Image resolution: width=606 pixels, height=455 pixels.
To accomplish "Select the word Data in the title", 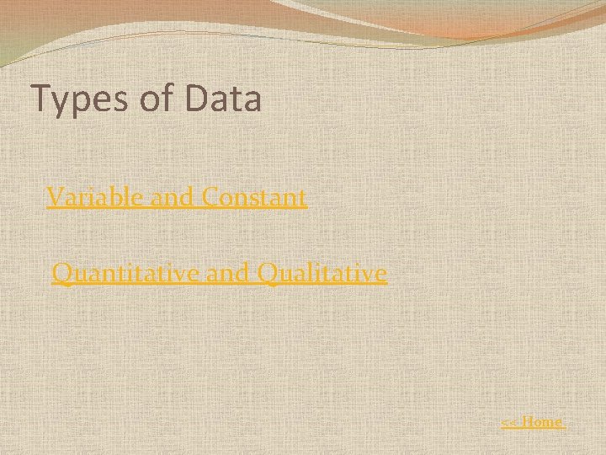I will pos(223,99).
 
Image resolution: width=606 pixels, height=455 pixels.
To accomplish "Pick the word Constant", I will pos(254,197).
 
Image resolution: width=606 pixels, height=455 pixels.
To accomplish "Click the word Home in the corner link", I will pos(543,421).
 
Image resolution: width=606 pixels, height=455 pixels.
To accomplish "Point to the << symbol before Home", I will pos(509,422).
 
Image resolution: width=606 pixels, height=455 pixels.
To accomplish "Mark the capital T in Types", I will pos(40,99).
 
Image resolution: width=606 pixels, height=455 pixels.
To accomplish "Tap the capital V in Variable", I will pos(55,197).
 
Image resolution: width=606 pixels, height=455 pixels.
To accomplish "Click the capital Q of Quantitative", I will pos(61,274).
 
